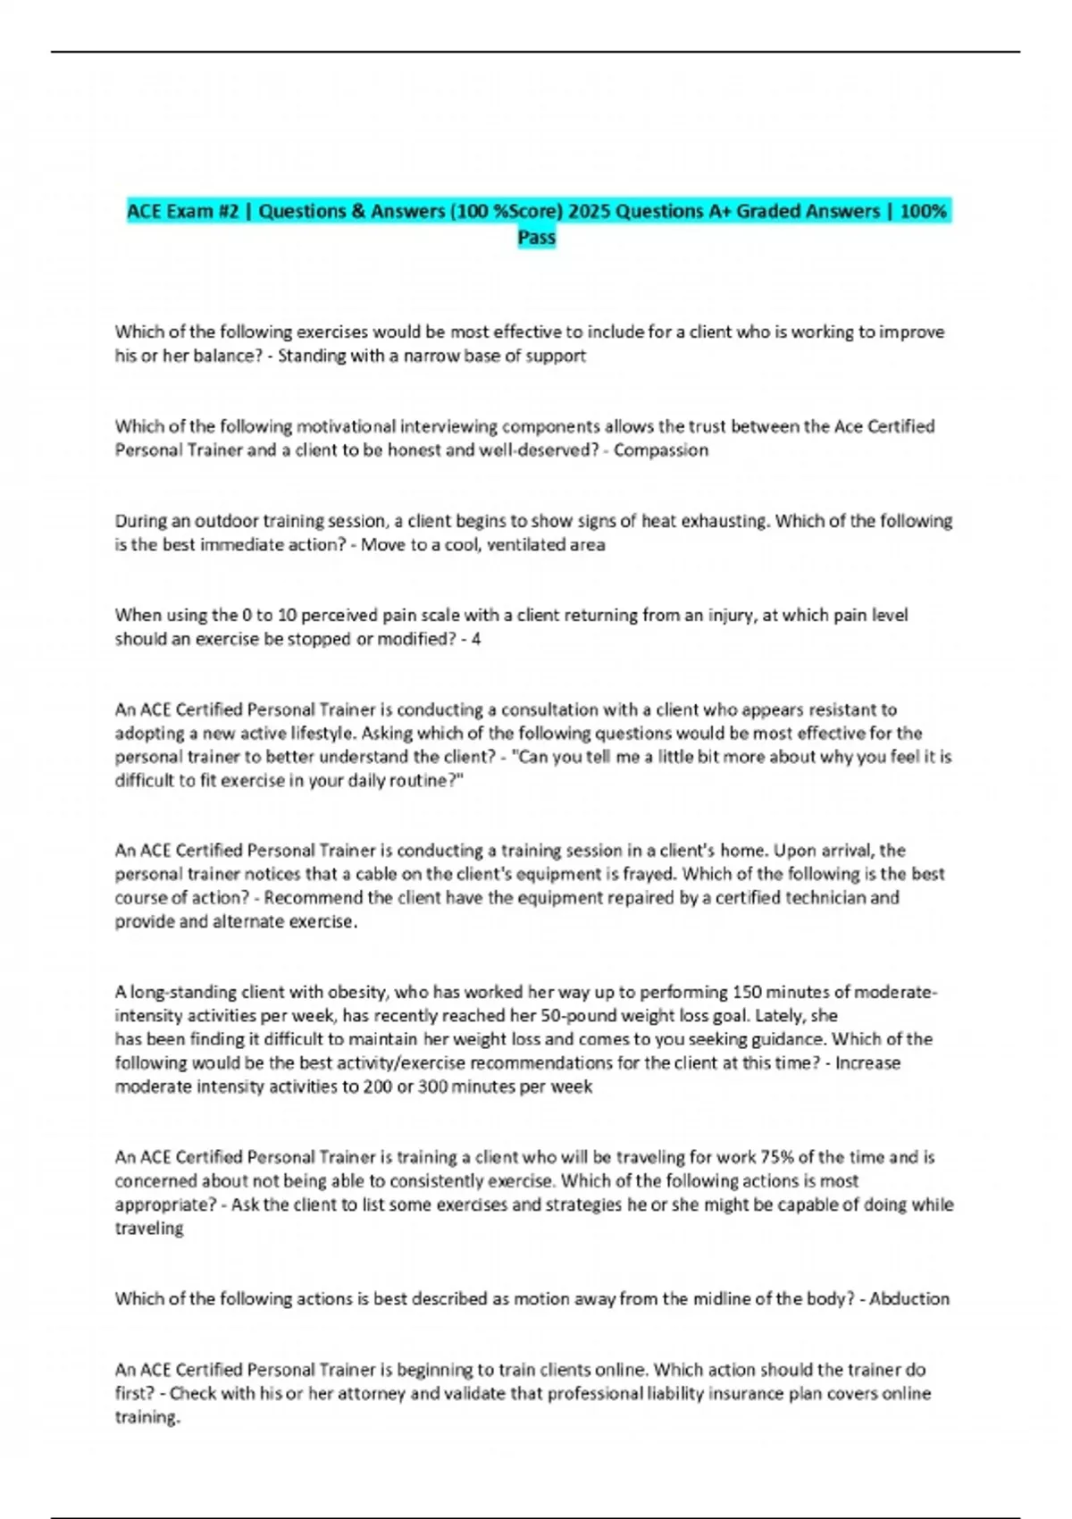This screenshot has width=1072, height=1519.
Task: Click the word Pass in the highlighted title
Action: coord(537,238)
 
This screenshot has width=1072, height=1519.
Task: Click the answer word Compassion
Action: coord(660,450)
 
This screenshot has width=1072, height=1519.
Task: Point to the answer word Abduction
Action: coord(909,1299)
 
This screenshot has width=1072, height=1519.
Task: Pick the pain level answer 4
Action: coord(476,640)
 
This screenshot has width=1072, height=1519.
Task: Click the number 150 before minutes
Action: coord(747,992)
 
